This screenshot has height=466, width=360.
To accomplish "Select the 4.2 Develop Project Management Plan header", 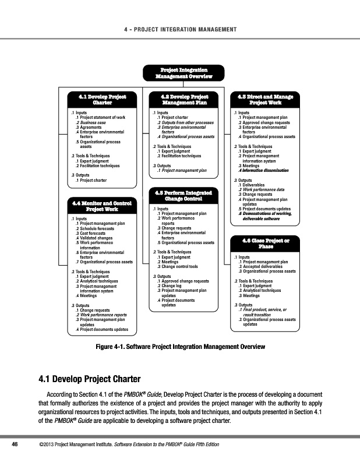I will pyautogui.click(x=179, y=99).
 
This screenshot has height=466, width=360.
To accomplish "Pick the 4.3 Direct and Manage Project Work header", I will pyautogui.click(x=261, y=99).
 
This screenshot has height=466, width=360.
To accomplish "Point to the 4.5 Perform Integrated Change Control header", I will pyautogui.click(x=179, y=195).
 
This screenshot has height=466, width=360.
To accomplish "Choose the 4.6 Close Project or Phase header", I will pyautogui.click(x=261, y=243).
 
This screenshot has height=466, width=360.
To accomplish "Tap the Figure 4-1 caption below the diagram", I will pyautogui.click(x=180, y=347).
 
